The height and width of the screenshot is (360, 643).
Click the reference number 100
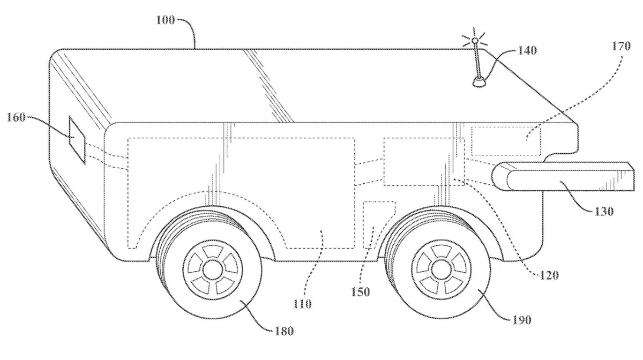[166, 20]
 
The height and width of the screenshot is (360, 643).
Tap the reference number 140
[527, 50]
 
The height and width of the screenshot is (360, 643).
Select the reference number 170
[621, 46]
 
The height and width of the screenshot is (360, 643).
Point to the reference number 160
[16, 117]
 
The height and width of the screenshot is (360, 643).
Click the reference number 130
[604, 212]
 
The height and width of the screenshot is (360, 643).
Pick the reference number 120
[549, 275]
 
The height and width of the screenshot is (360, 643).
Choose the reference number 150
[361, 291]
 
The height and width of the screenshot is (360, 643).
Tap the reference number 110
[303, 303]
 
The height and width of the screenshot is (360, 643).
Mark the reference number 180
[284, 331]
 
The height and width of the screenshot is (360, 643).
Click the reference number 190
[522, 319]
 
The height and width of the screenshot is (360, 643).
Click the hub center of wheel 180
[212, 269]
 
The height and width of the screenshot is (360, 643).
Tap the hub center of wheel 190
[442, 269]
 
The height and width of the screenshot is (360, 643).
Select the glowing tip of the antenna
[475, 41]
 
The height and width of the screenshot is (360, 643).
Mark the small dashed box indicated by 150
[378, 225]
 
